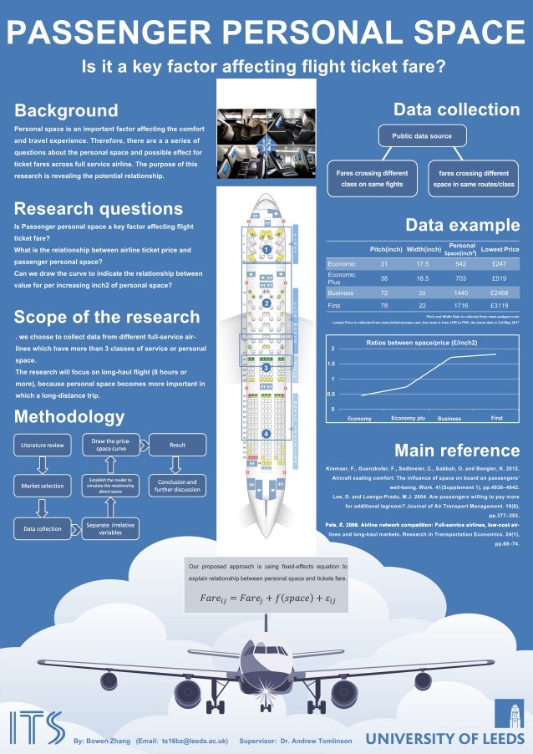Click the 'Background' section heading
click(x=67, y=110)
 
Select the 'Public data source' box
click(x=417, y=135)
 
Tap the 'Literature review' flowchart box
click(x=42, y=446)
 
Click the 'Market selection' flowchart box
click(x=42, y=486)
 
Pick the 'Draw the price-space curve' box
click(x=110, y=446)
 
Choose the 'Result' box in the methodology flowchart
click(x=177, y=446)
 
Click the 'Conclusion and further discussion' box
click(x=177, y=486)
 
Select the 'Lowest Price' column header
click(x=500, y=249)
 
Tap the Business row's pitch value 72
click(x=384, y=293)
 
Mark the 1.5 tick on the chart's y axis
click(x=331, y=364)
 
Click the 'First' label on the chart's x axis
click(x=496, y=417)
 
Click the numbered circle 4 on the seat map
click(x=266, y=434)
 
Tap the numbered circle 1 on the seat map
click(x=266, y=249)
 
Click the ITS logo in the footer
click(x=37, y=728)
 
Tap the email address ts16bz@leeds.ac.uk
click(x=195, y=741)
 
